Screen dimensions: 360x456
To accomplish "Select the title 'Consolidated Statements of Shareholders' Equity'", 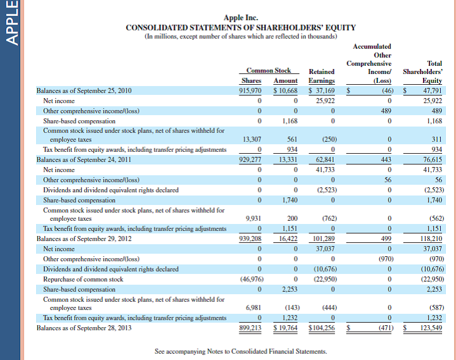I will (241, 27).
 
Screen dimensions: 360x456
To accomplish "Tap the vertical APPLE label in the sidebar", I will (11, 22).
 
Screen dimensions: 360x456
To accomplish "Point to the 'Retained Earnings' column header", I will (321, 76).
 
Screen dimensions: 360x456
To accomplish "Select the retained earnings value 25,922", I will (325, 101).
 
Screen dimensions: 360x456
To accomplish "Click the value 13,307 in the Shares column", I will (253, 139).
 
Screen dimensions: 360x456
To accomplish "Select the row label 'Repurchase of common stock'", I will (83, 278).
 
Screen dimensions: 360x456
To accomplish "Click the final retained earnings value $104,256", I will (321, 328).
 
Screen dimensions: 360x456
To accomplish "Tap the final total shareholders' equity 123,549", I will (431, 328).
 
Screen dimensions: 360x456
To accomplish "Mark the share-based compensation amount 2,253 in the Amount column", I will (289, 289).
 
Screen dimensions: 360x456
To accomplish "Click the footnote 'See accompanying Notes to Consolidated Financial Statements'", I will (241, 351).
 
